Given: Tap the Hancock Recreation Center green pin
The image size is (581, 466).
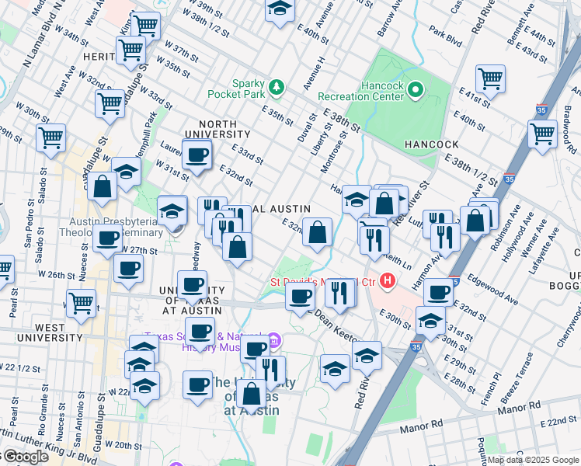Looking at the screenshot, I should pyautogui.click(x=416, y=90).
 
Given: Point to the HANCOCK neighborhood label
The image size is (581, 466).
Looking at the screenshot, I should pyautogui.click(x=431, y=144).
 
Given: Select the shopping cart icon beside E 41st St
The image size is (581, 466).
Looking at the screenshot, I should pyautogui.click(x=491, y=79).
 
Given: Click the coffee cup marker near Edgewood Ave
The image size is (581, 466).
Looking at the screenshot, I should pyautogui.click(x=439, y=293).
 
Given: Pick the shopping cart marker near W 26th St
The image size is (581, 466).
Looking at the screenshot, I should pyautogui.click(x=82, y=303).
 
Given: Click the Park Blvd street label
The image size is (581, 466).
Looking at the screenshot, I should pyautogui.click(x=446, y=35).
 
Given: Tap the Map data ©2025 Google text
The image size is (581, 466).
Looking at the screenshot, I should pyautogui.click(x=533, y=460).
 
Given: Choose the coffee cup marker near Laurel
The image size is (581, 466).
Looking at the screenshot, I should pyautogui.click(x=197, y=154).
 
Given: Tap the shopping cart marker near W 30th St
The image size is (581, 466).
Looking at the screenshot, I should pyautogui.click(x=52, y=138).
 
